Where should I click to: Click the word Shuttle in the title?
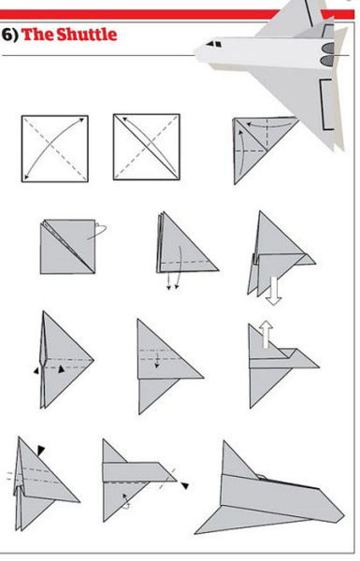pyautogui.click(x=87, y=35)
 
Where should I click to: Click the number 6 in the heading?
pyautogui.click(x=7, y=35)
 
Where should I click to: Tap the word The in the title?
pyautogui.click(x=37, y=35)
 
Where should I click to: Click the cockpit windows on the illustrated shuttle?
pyautogui.click(x=214, y=44)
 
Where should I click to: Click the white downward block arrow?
pyautogui.click(x=274, y=291)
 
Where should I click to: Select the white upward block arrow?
pyautogui.click(x=266, y=334)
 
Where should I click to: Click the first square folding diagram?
pyautogui.click(x=55, y=149)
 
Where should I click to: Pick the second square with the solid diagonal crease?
pyautogui.click(x=147, y=147)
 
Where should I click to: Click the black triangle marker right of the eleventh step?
pyautogui.click(x=184, y=485)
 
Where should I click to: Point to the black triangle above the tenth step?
pyautogui.click(x=41, y=451)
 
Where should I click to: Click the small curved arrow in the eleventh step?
pyautogui.click(x=126, y=501)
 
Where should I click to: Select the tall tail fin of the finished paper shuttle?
pyautogui.click(x=237, y=460)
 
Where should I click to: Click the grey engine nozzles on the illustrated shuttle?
pyautogui.click(x=327, y=53)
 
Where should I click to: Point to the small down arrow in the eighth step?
pyautogui.click(x=157, y=360)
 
